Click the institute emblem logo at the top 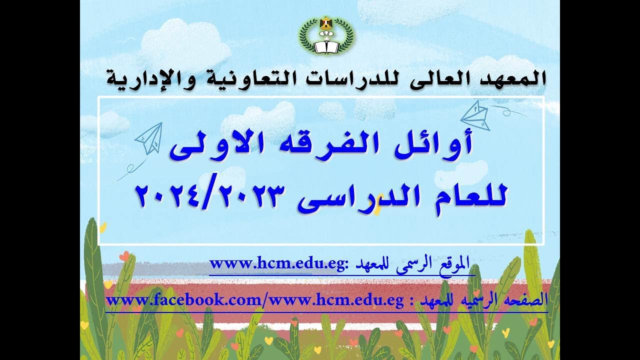pyautogui.click(x=326, y=35)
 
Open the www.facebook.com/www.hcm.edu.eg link pyautogui.click(x=255, y=301)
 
